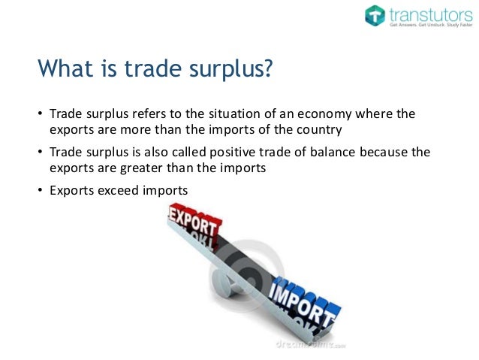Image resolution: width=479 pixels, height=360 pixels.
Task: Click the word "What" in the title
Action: coord(63,72)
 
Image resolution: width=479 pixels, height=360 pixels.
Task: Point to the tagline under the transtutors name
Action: coord(428,25)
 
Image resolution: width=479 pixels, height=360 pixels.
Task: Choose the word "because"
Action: coord(394,153)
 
